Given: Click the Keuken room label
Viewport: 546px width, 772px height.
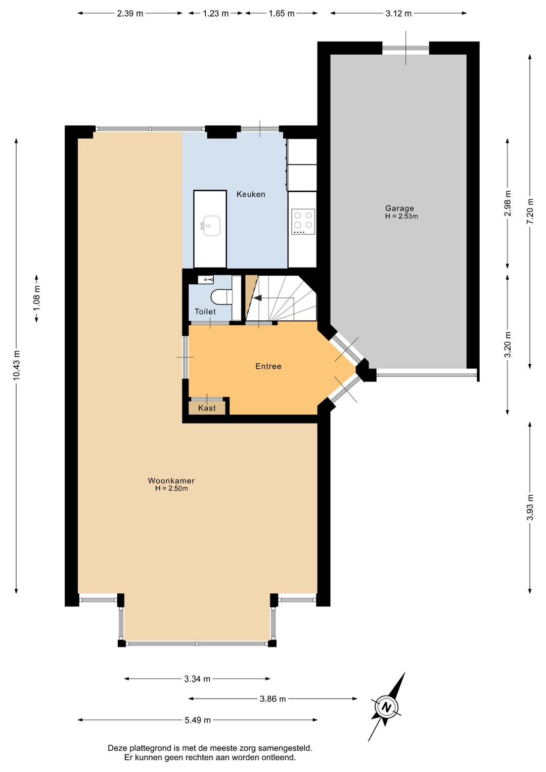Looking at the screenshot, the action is pos(251,194).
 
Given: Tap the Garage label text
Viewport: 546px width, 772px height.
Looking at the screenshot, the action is pos(399,208).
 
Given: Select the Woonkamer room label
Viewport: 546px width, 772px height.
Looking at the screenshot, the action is pos(171,481).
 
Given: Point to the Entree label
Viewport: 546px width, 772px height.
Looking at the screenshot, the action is pos(268,366).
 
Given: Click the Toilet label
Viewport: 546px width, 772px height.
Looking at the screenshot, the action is pos(205,312).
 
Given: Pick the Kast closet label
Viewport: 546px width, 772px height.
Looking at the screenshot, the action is pos(207,408).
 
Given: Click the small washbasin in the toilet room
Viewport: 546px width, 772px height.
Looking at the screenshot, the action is pos(206,279).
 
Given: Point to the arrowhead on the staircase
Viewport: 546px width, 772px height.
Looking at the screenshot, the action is pos(257,298).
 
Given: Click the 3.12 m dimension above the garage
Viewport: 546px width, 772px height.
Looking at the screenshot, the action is pos(398,14).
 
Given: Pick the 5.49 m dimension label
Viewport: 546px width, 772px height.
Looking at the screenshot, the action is pos(198,720).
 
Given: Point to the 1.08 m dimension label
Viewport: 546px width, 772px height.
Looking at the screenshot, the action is pos(36,298).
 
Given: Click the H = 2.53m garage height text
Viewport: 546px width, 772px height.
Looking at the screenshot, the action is pos(401,217).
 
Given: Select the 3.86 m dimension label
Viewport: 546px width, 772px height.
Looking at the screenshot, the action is pos(272,699).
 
